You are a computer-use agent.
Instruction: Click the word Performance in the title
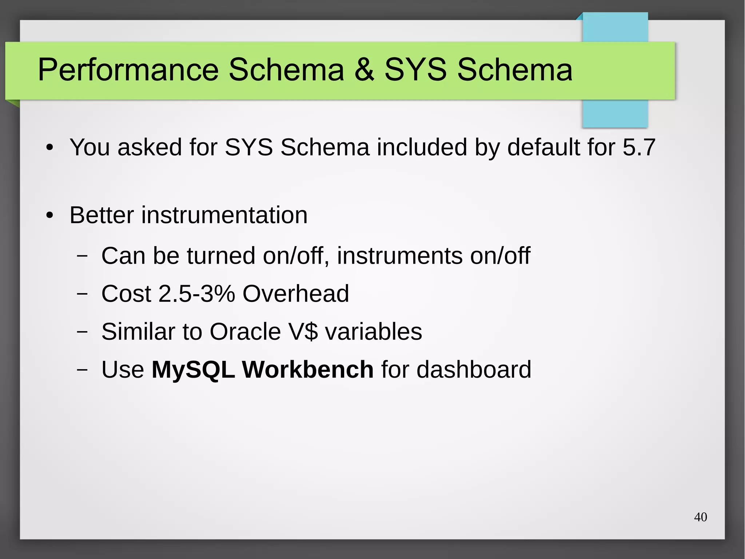pos(128,70)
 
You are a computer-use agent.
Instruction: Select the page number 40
pos(700,517)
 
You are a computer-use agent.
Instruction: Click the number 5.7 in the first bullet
pos(639,147)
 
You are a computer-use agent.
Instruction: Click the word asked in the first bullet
pos(150,147)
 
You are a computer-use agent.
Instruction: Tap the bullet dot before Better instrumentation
pos(50,216)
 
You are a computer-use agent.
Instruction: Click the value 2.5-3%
pos(197,294)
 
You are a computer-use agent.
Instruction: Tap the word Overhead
pos(295,294)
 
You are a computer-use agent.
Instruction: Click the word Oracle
pos(245,331)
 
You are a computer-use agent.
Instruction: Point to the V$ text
pos(303,331)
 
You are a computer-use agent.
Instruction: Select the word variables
pos(373,331)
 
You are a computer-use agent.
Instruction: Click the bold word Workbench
pos(307,369)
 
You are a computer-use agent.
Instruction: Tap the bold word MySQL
pos(193,369)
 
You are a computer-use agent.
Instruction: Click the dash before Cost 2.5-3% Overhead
pos(82,294)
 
